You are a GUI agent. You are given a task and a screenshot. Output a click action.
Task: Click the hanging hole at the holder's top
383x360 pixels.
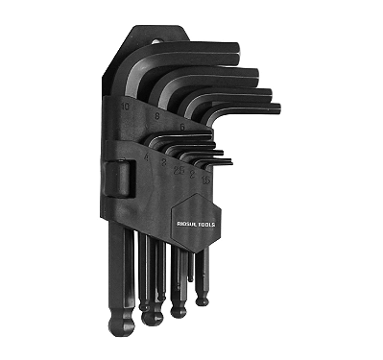click(x=154, y=40)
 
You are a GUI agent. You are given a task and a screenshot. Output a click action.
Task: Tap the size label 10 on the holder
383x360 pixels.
click(x=124, y=107)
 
